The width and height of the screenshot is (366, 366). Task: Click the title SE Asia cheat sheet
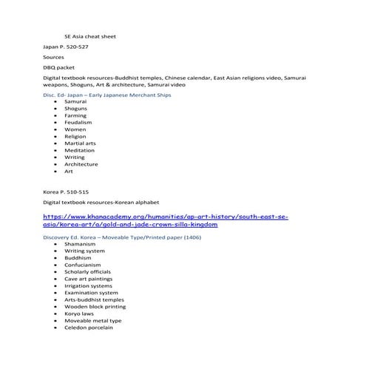tap(90, 35)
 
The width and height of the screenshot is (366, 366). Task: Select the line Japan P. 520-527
tap(65, 46)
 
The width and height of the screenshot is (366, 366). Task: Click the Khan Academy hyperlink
tap(165, 220)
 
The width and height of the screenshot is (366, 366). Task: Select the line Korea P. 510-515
tap(64, 191)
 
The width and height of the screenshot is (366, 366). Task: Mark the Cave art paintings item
tap(88, 278)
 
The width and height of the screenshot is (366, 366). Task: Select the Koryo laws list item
tap(79, 314)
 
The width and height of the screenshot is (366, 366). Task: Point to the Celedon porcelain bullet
tap(88, 328)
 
